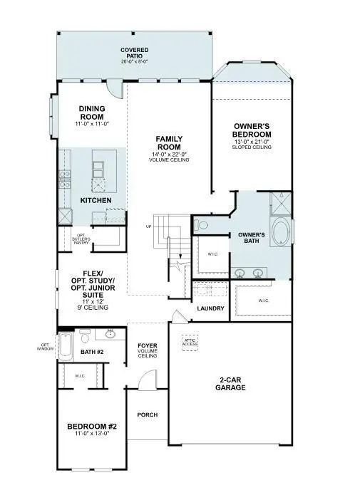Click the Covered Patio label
tap(134, 53)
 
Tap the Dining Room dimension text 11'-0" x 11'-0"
tap(93, 125)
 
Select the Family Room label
tap(170, 143)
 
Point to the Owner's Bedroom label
tap(252, 130)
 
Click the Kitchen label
tap(96, 201)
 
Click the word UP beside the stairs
tap(148, 227)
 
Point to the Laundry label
tap(211, 308)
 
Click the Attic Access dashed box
tap(190, 342)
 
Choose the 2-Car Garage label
tap(230, 384)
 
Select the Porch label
tap(148, 414)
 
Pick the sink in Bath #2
tap(110, 333)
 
